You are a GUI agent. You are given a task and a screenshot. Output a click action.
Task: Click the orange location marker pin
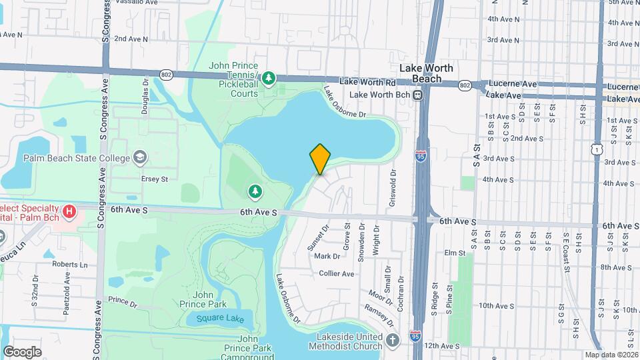pyautogui.click(x=320, y=159)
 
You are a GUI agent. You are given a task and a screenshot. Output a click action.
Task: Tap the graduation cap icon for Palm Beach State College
pyautogui.click(x=140, y=158)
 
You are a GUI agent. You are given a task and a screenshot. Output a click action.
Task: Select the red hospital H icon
pyautogui.click(x=69, y=213)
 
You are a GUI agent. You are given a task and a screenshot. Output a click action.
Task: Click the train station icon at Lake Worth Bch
pyautogui.click(x=417, y=95)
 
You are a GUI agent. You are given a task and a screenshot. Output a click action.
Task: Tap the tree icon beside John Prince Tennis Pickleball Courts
pyautogui.click(x=268, y=79)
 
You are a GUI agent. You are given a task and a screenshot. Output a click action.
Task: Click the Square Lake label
pyautogui.click(x=215, y=318)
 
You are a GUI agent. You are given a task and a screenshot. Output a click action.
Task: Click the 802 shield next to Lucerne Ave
pyautogui.click(x=465, y=85)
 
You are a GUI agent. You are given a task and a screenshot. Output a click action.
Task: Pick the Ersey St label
pyautogui.click(x=154, y=179)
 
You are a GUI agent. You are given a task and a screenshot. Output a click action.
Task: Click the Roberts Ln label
pyautogui.click(x=70, y=264)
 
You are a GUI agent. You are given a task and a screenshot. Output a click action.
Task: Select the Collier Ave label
pyautogui.click(x=337, y=273)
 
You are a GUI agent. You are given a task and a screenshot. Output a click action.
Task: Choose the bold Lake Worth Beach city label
pyautogui.click(x=426, y=73)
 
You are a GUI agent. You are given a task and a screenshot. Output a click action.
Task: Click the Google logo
pyautogui.click(x=22, y=351)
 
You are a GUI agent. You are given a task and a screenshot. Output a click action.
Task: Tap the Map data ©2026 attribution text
pyautogui.click(x=611, y=355)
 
